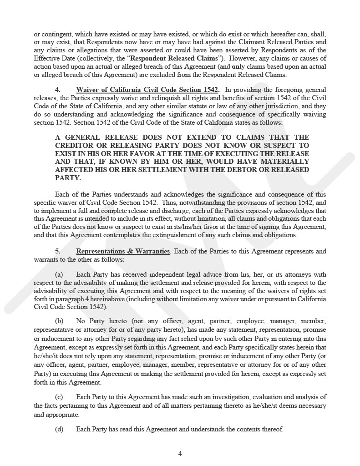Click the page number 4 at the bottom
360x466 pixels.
coord(180,453)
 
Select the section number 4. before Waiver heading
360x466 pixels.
coord(58,90)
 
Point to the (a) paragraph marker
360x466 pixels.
coord(59,274)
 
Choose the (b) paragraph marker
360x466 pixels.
coord(59,321)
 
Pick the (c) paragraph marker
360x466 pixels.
coord(59,397)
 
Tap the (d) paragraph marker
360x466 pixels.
coord(59,429)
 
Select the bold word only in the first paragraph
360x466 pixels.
coord(239,67)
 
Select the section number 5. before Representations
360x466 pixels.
coord(58,251)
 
